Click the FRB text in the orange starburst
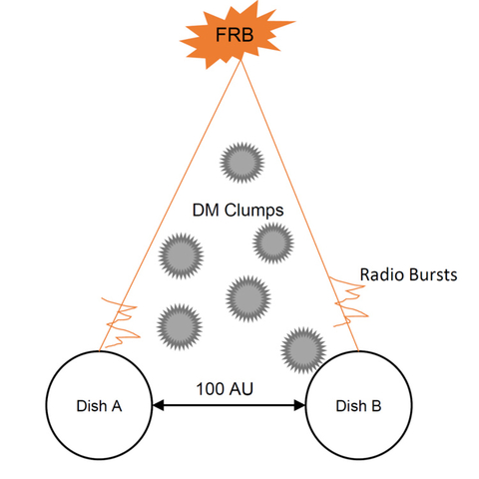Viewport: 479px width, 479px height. tap(235, 35)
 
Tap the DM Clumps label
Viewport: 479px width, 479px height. tap(239, 211)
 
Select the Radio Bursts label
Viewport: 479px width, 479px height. tap(408, 274)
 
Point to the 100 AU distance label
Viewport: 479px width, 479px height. tap(225, 389)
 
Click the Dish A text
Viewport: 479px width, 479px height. tap(99, 406)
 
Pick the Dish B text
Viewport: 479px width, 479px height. tap(358, 406)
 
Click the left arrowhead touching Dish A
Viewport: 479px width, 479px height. tap(158, 405)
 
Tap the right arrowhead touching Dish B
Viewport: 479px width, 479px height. tap(299, 405)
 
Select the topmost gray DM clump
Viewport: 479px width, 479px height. tap(241, 163)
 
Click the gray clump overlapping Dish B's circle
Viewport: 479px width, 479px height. tap(303, 350)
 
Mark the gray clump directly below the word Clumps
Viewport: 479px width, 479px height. tap(273, 243)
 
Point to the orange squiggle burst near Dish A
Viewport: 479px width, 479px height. tap(120, 323)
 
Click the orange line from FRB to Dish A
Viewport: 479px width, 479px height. tap(170, 206)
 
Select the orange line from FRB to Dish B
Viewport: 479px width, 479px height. tap(299, 206)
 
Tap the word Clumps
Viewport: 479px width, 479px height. tap(253, 211)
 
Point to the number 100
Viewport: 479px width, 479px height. tap(211, 389)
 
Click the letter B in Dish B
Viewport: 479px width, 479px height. tap(376, 406)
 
